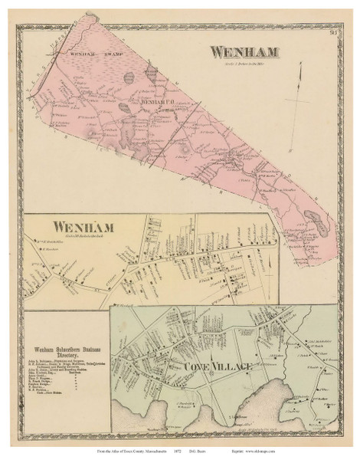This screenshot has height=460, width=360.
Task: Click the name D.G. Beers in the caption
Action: [230, 445]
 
